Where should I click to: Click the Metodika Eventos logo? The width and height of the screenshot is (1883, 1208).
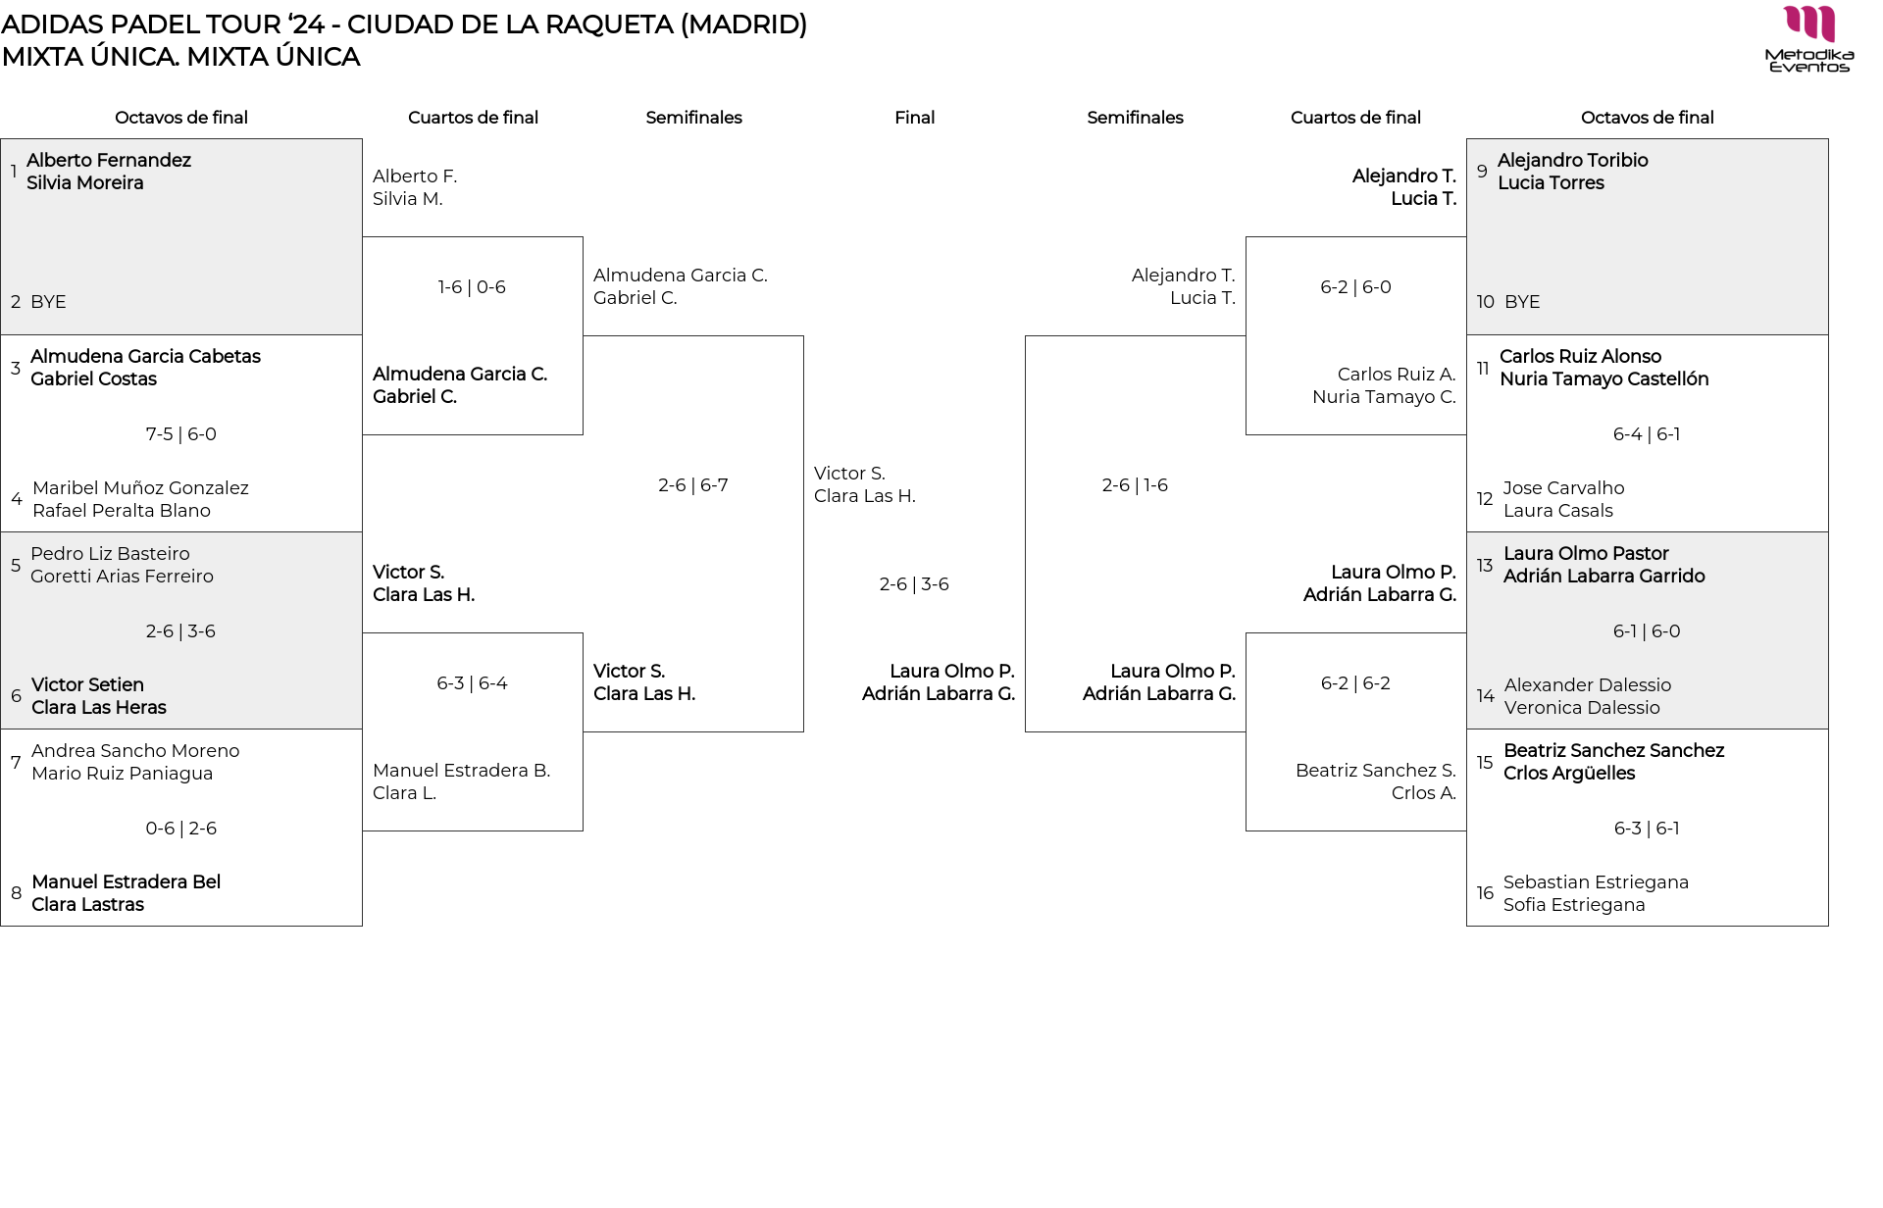[x=1808, y=39]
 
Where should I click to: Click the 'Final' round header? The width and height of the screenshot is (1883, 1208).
[x=914, y=118]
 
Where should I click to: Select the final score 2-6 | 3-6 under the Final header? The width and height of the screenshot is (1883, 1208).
[x=914, y=584]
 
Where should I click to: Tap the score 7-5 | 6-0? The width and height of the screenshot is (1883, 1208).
[x=180, y=434]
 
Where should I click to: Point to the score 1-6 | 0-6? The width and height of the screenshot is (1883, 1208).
[x=472, y=287]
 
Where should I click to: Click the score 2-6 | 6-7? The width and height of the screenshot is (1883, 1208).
[x=693, y=485]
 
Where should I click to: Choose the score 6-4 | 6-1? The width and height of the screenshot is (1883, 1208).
[x=1647, y=434]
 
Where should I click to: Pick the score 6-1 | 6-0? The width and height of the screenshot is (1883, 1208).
[x=1647, y=631]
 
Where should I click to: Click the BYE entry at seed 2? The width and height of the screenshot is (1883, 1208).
[x=48, y=302]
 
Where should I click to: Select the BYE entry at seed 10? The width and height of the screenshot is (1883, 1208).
[x=1522, y=302]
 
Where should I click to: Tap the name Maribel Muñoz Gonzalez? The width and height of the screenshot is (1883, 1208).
[x=140, y=488]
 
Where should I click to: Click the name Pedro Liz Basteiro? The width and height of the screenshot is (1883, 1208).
[x=110, y=554]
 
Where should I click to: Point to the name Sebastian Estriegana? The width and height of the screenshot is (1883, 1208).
[x=1596, y=882]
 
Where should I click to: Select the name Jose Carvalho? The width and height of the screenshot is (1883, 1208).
[x=1563, y=488]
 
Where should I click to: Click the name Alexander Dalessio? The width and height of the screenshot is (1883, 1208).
[x=1587, y=685]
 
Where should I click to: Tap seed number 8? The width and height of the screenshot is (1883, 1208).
[x=17, y=893]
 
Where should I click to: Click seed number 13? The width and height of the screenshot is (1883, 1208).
[x=1485, y=566]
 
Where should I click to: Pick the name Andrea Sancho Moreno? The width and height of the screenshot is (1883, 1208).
[x=135, y=751]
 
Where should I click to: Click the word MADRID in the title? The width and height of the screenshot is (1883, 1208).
[x=742, y=25]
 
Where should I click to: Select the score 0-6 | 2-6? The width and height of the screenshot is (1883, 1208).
[x=180, y=829]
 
